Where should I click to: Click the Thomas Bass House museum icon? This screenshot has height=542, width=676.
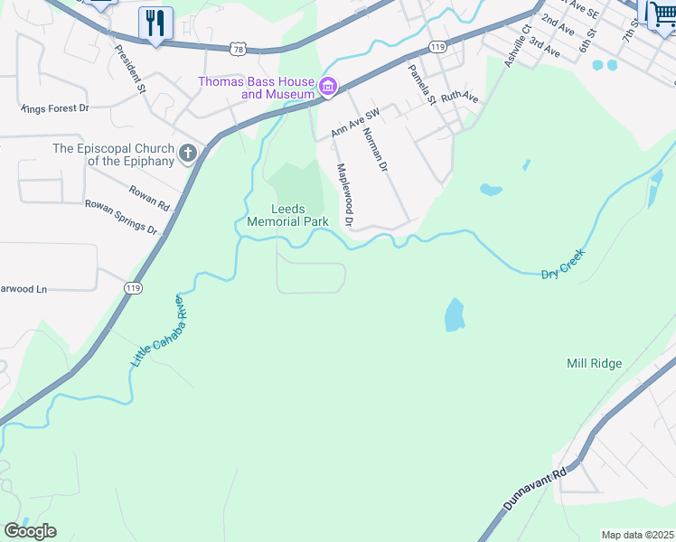pyautogui.click(x=327, y=88)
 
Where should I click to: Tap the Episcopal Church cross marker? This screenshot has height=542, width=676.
pyautogui.click(x=188, y=154)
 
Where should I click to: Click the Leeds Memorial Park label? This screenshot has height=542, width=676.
pyautogui.click(x=287, y=215)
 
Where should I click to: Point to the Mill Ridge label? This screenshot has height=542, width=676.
pyautogui.click(x=594, y=363)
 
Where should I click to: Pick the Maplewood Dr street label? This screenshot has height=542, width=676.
pyautogui.click(x=344, y=194)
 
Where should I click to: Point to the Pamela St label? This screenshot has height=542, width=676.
pyautogui.click(x=421, y=84)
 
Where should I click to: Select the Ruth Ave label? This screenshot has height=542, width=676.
pyautogui.click(x=459, y=98)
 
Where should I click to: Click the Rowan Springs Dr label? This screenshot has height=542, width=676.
pyautogui.click(x=121, y=218)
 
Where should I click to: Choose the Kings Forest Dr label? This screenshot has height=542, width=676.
pyautogui.click(x=54, y=108)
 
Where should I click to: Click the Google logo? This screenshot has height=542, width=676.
pyautogui.click(x=30, y=531)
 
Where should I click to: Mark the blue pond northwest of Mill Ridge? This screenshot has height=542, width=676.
pyautogui.click(x=454, y=315)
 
